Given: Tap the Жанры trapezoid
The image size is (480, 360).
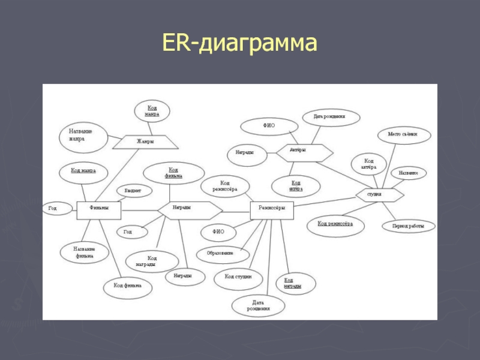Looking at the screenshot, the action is pyautogui.click(x=146, y=142).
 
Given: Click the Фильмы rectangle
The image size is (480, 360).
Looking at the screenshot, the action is pyautogui.click(x=99, y=209).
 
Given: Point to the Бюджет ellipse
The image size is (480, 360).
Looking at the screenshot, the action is pyautogui.click(x=133, y=191).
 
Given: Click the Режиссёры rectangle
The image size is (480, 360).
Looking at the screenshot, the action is pyautogui.click(x=272, y=208).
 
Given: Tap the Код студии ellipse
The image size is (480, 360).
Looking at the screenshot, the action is pyautogui.click(x=238, y=277).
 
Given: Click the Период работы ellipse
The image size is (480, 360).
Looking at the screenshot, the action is pyautogui.click(x=408, y=227).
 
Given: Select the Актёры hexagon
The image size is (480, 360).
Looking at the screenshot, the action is pyautogui.click(x=303, y=151).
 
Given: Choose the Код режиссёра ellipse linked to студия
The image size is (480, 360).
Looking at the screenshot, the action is pyautogui.click(x=335, y=224).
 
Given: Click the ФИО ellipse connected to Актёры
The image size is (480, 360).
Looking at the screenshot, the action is pyautogui.click(x=269, y=126).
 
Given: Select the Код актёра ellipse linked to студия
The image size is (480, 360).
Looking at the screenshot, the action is pyautogui.click(x=369, y=164).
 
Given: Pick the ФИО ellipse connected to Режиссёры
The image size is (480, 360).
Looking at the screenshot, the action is pyautogui.click(x=218, y=230).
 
